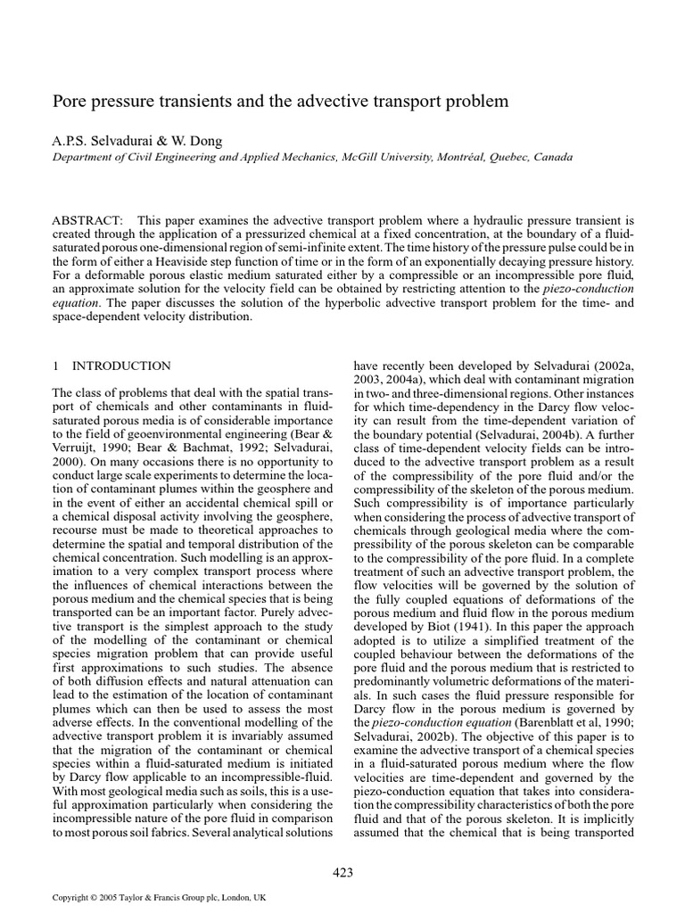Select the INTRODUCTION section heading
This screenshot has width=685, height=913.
(x=121, y=366)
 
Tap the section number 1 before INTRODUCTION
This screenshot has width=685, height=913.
(x=55, y=366)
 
